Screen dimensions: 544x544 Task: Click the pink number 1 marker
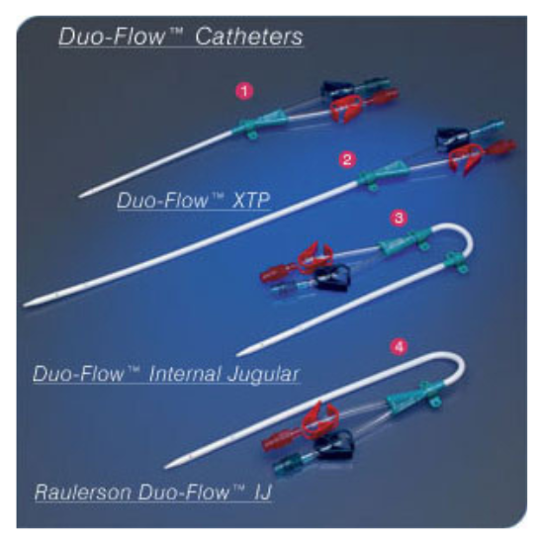[244, 92]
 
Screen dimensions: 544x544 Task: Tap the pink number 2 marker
[346, 159]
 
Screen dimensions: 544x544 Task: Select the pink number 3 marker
[399, 218]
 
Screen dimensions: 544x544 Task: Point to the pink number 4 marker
[399, 347]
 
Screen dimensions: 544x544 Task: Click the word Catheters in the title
[249, 37]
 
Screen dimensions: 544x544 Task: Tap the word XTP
[250, 200]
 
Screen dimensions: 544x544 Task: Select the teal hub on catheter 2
[382, 174]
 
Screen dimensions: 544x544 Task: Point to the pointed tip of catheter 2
[25, 306]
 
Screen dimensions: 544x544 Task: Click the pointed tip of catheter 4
[165, 467]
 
